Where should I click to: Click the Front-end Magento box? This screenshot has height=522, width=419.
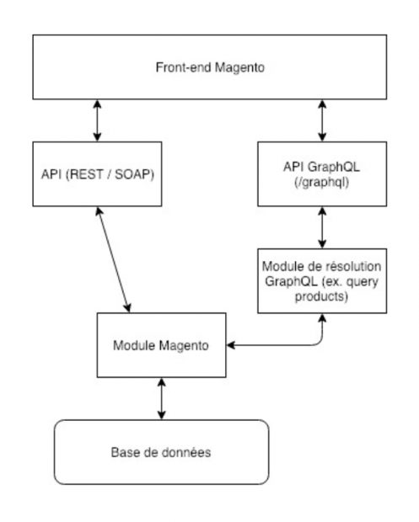click(x=210, y=67)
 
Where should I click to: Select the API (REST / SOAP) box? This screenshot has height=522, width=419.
click(x=97, y=174)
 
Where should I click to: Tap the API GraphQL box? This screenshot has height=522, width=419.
click(x=322, y=174)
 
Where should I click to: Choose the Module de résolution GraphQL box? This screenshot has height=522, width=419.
click(x=322, y=281)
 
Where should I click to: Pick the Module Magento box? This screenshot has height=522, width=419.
click(x=162, y=345)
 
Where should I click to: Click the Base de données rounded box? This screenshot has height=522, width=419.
click(x=162, y=452)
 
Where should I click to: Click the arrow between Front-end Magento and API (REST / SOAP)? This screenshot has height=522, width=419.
click(x=97, y=120)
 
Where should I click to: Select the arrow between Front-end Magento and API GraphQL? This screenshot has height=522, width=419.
click(x=322, y=120)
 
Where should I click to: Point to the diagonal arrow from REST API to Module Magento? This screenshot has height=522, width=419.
click(x=113, y=259)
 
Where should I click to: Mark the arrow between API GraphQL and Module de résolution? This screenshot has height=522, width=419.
click(x=322, y=227)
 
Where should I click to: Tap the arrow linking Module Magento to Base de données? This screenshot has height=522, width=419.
click(x=162, y=399)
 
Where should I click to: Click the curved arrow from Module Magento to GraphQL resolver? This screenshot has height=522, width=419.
click(x=283, y=345)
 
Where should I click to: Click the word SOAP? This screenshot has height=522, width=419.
click(x=134, y=174)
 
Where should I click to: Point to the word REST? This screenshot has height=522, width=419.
click(x=85, y=174)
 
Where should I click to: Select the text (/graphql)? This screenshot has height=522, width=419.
click(x=322, y=182)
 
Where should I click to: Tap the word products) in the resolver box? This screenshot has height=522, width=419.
click(x=322, y=296)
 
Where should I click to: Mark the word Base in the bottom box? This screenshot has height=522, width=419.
click(x=123, y=452)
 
